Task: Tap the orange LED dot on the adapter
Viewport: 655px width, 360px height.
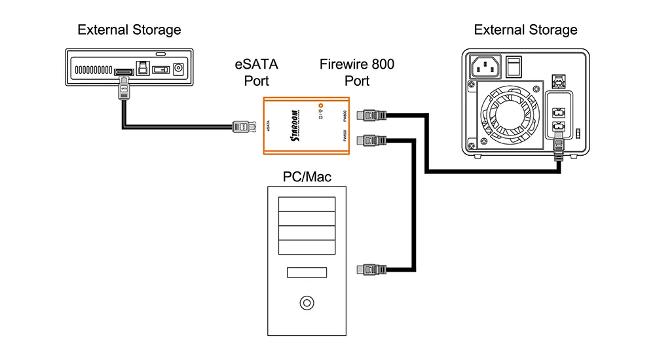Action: pyautogui.click(x=320, y=105)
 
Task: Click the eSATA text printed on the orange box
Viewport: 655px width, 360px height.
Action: pyautogui.click(x=269, y=125)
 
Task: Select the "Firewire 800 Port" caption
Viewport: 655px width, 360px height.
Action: pyautogui.click(x=357, y=73)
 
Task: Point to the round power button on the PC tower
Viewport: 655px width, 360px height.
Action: pyautogui.click(x=306, y=303)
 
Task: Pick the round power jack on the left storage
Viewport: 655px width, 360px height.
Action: pyautogui.click(x=176, y=68)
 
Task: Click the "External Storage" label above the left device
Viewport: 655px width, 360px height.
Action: pyautogui.click(x=129, y=30)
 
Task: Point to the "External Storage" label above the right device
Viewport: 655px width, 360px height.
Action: pyautogui.click(x=526, y=30)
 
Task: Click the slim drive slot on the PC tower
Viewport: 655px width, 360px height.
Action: pyautogui.click(x=306, y=272)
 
